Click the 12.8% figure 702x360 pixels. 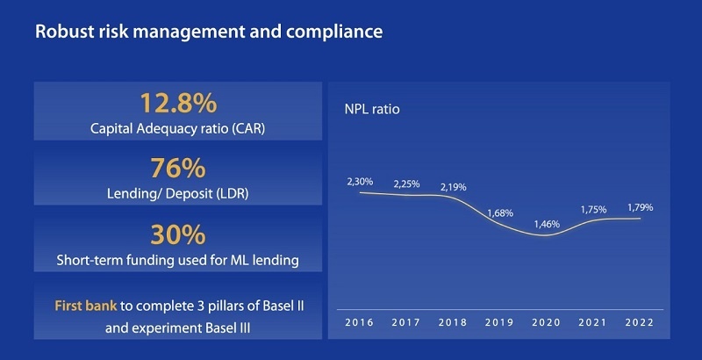(178, 104)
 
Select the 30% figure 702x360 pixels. (178, 234)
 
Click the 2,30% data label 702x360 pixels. (361, 181)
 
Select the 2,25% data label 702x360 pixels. (407, 184)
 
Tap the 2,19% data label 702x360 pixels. (454, 187)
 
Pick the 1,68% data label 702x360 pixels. (500, 213)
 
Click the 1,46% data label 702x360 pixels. (547, 223)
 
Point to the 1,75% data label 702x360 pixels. (593, 209)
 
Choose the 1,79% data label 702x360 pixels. (640, 207)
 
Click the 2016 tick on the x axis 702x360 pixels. (361, 322)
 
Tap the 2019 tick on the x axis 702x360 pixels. (500, 322)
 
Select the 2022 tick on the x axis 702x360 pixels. (640, 322)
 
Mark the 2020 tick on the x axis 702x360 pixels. (547, 322)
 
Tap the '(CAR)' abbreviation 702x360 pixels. (248, 128)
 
